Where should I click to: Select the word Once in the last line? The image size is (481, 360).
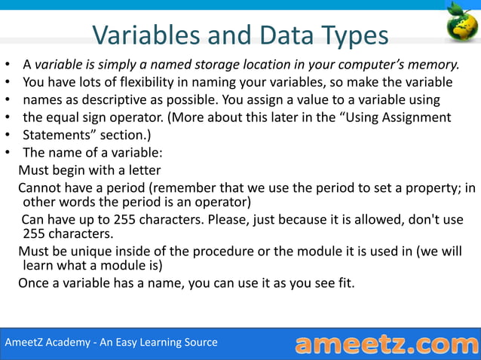tap(35, 283)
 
